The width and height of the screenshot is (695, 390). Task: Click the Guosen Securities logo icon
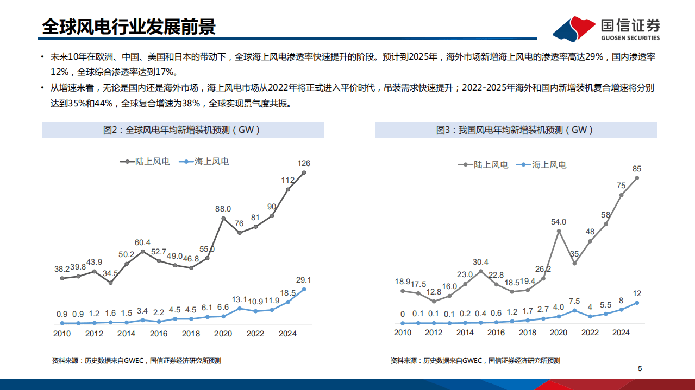[574, 29]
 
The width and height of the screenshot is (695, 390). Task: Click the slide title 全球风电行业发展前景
[129, 27]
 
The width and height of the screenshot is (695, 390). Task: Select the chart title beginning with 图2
[183, 130]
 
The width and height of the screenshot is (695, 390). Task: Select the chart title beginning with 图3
[515, 130]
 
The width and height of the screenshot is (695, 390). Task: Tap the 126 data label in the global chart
[304, 163]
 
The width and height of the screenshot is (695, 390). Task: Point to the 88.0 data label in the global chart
[223, 208]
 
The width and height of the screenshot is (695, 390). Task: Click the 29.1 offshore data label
[304, 280]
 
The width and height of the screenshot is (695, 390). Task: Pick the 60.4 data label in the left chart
[143, 242]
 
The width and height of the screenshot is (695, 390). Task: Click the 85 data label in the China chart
[637, 169]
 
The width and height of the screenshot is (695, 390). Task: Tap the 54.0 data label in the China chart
[559, 222]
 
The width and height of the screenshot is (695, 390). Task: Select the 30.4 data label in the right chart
[480, 261]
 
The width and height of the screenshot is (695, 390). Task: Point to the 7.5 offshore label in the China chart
[574, 301]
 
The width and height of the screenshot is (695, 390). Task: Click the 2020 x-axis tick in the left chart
[223, 334]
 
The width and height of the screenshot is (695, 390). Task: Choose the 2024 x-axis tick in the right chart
[621, 333]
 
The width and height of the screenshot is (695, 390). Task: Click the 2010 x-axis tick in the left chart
[62, 334]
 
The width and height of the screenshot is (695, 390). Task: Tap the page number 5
[640, 369]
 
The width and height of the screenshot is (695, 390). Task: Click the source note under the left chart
[136, 361]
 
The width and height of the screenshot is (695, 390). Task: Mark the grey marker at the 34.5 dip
[110, 283]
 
